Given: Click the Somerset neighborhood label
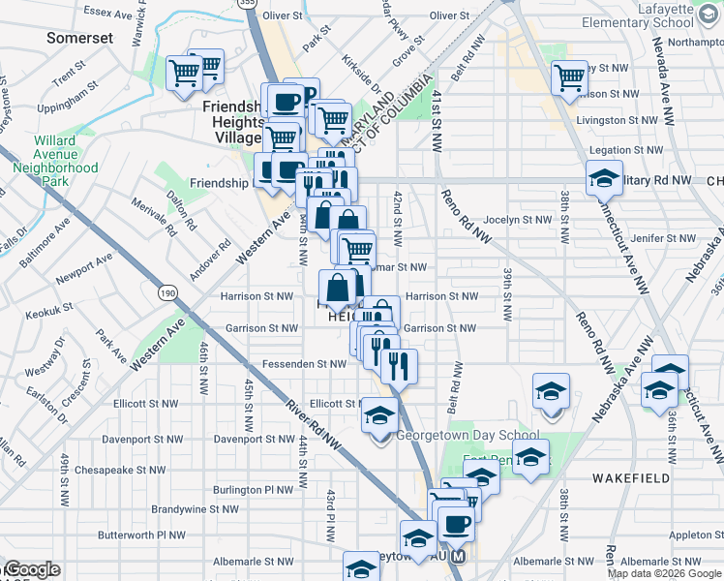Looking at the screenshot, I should point(80,38).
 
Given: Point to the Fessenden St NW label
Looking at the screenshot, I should point(305,364).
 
